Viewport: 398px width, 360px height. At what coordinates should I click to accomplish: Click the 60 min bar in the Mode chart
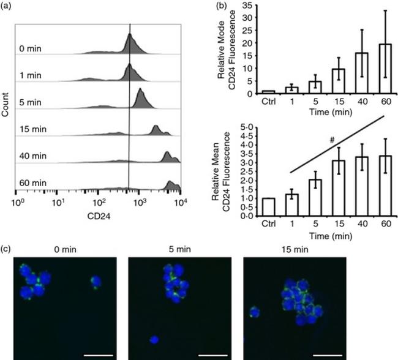[x=385, y=69]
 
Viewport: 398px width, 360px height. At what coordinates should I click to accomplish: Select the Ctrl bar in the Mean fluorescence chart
[x=269, y=207]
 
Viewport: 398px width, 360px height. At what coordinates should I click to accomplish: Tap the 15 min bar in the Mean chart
[x=339, y=189]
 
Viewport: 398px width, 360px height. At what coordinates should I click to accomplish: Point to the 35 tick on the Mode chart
[x=247, y=6]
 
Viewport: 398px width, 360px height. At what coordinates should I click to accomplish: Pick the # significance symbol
[x=332, y=140]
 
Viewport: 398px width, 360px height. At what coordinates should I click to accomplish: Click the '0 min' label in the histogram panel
[x=30, y=48]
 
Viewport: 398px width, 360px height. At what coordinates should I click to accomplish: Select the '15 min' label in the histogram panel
[x=33, y=129]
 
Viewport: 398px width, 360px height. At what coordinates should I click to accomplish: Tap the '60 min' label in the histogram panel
[x=33, y=183]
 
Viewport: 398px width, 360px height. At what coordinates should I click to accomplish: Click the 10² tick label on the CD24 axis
[x=99, y=202]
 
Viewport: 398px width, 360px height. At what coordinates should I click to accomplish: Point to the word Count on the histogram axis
[x=5, y=105]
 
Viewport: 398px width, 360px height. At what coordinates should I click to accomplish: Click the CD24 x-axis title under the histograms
[x=99, y=216]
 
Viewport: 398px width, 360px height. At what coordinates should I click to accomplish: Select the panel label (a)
[x=6, y=6]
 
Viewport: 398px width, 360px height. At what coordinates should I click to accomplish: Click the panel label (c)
[x=6, y=249]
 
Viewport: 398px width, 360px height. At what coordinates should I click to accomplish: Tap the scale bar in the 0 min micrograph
[x=98, y=355]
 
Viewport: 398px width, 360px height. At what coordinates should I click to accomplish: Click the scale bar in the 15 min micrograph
[x=328, y=355]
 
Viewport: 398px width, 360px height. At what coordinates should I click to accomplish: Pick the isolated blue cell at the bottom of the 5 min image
[x=154, y=340]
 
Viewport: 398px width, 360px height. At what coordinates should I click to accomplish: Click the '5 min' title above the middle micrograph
[x=179, y=249]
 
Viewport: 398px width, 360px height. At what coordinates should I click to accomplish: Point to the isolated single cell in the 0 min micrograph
[x=96, y=283]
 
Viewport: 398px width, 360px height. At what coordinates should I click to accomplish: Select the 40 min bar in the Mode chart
[x=362, y=73]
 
